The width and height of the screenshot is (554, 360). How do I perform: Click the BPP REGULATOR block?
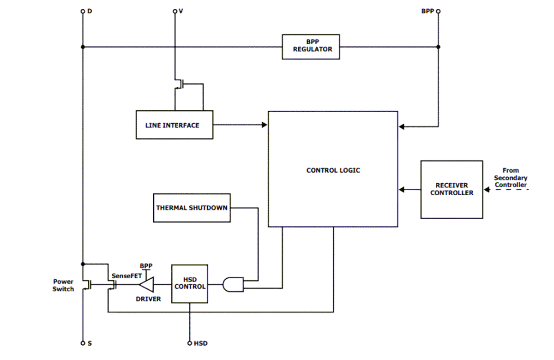[311, 47]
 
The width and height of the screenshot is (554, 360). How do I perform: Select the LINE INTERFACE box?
[174, 125]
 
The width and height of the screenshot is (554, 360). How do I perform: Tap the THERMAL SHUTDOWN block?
[192, 208]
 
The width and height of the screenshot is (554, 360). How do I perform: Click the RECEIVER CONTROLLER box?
[452, 189]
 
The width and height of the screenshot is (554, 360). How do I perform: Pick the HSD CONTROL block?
[189, 283]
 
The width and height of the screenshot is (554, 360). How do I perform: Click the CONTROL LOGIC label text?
[333, 170]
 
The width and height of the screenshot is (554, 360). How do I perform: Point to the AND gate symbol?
[233, 284]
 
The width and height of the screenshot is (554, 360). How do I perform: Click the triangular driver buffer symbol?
[146, 284]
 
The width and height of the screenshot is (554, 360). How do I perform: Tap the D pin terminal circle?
[83, 11]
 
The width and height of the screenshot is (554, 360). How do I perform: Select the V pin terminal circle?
[175, 11]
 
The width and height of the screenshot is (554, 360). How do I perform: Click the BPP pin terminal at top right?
[438, 11]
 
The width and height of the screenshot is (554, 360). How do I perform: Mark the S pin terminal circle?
[83, 343]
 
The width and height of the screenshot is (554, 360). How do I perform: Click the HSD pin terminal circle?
[189, 343]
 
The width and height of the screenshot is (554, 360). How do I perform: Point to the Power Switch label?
[63, 285]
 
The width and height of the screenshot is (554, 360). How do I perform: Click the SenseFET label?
[123, 276]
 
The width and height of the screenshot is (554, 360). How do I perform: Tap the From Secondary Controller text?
[510, 178]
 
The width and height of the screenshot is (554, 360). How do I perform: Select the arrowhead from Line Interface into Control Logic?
[265, 125]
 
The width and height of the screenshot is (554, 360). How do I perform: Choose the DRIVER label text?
[148, 299]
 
